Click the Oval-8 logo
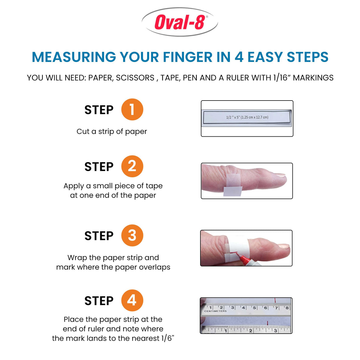180,22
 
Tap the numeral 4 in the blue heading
239,57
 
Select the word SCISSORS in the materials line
135,78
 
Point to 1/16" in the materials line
280,78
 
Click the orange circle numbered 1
132,109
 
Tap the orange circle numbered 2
132,166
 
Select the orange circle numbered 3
132,235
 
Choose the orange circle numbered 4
132,300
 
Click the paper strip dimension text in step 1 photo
247,117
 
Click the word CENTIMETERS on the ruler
215,311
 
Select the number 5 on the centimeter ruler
254,308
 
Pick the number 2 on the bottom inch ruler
251,330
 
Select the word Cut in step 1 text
82,131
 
